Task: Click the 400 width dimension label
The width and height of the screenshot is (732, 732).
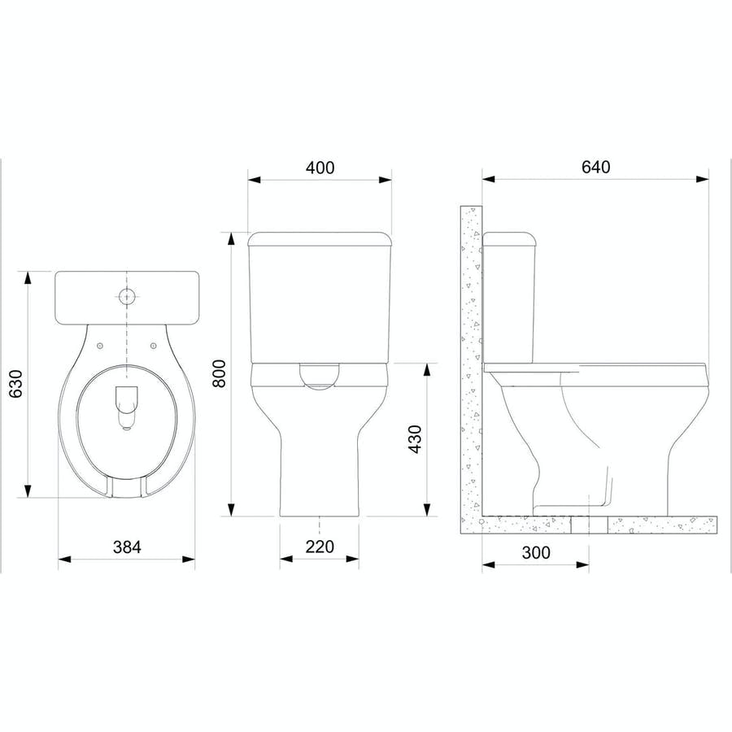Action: click(x=320, y=168)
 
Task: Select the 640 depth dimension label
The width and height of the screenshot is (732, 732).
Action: click(x=595, y=167)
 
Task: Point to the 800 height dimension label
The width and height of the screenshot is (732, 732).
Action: click(x=218, y=374)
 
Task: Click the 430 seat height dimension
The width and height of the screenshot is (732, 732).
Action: click(x=415, y=439)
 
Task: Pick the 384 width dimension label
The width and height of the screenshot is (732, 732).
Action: click(x=126, y=547)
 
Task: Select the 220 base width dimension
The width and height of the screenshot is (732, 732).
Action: click(x=320, y=547)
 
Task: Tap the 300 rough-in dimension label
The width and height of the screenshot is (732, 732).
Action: click(x=535, y=553)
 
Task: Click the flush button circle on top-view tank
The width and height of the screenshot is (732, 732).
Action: click(x=127, y=296)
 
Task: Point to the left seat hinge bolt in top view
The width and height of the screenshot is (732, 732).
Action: click(x=99, y=346)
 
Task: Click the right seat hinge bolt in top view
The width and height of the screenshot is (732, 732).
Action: click(x=154, y=346)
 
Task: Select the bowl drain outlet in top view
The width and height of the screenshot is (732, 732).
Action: click(x=127, y=407)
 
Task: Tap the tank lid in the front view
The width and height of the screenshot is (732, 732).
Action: click(x=320, y=239)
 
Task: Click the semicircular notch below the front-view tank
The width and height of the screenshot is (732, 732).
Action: click(x=320, y=376)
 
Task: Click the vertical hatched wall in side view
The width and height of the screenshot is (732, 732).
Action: click(x=471, y=358)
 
